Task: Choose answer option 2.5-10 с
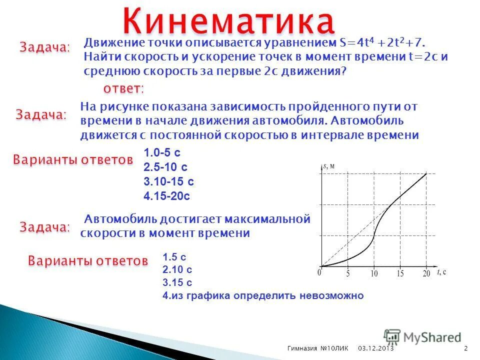[x=165, y=167]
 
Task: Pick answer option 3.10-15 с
[x=168, y=181]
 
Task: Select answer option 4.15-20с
[x=167, y=195]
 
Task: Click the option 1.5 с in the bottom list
[x=174, y=257]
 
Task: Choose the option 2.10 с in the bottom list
[x=177, y=270]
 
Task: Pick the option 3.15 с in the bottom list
[x=177, y=282]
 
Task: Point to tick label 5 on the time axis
[x=347, y=274]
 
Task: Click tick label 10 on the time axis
[x=373, y=274]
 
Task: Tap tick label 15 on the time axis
[x=399, y=274]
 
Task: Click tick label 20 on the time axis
[x=425, y=274]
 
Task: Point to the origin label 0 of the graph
[x=318, y=273]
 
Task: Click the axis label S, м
[x=328, y=166]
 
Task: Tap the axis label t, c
[x=441, y=272]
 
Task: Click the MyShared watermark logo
[x=422, y=337]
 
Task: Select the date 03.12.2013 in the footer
[x=376, y=348]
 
